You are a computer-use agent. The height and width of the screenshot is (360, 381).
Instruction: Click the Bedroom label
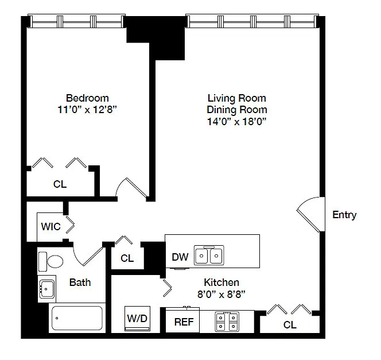87,98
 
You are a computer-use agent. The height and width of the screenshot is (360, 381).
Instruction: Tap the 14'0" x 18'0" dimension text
236,121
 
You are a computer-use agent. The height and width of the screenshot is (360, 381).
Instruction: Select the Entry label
344,215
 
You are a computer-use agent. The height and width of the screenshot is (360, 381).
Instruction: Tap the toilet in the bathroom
51,262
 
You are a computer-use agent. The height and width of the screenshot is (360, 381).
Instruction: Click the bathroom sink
47,289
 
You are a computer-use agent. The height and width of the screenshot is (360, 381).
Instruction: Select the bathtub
77,318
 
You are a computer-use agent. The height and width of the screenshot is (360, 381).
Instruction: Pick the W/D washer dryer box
137,319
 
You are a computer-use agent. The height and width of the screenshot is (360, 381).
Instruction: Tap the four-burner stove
227,322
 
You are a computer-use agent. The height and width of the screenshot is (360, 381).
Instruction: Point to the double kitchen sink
209,256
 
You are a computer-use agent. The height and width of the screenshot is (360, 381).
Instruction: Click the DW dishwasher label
180,257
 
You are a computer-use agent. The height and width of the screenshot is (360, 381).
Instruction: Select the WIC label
51,227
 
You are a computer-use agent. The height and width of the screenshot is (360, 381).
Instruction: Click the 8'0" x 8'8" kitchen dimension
221,295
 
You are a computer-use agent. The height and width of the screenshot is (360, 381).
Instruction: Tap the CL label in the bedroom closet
60,184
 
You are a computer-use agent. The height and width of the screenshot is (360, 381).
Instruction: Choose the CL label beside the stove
290,325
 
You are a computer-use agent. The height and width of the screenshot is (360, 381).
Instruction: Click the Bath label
80,282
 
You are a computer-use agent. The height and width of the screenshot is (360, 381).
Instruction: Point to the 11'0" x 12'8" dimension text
87,110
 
